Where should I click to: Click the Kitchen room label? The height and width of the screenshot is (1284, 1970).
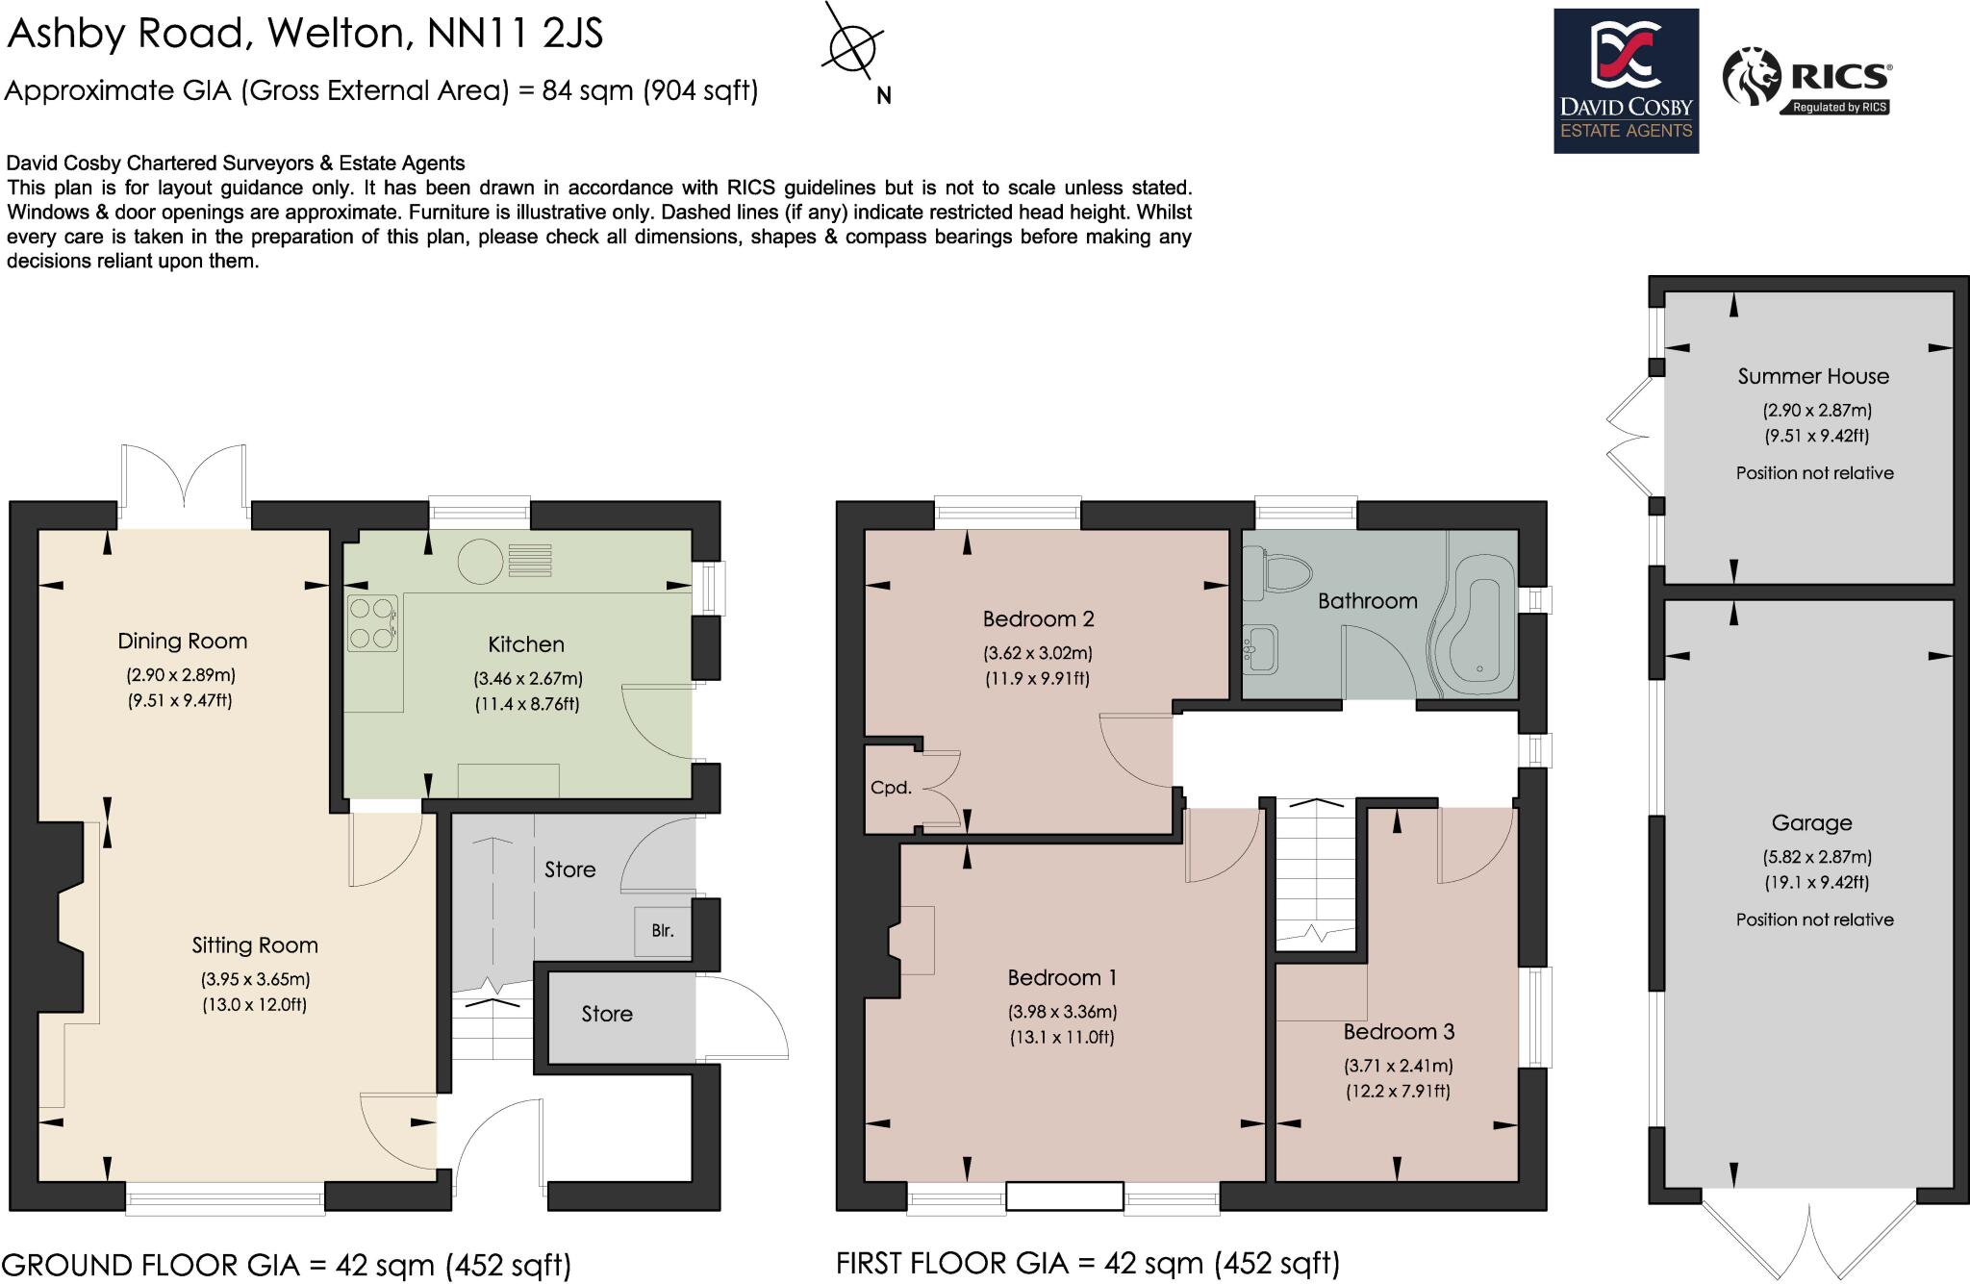(x=525, y=644)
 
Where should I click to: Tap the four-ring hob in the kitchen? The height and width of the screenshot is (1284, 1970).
(x=371, y=622)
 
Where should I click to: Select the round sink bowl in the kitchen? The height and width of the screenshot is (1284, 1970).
(x=480, y=562)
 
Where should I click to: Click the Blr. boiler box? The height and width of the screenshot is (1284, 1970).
(x=663, y=931)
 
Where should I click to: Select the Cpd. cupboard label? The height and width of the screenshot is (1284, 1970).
(x=890, y=788)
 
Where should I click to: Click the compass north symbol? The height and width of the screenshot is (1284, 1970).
(x=852, y=46)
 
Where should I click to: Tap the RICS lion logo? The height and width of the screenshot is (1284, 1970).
(x=1752, y=76)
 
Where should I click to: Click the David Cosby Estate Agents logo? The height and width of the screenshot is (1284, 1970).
(x=1626, y=81)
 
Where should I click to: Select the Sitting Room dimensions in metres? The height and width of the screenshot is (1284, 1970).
(x=255, y=980)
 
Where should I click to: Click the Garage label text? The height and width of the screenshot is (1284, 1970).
(x=1811, y=823)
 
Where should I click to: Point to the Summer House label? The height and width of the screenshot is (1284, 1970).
(x=1813, y=377)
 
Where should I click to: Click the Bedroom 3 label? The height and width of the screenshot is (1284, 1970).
(x=1399, y=1032)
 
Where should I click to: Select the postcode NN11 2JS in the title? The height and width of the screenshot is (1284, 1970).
(x=515, y=34)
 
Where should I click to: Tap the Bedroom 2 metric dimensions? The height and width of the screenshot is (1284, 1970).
(x=1037, y=653)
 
